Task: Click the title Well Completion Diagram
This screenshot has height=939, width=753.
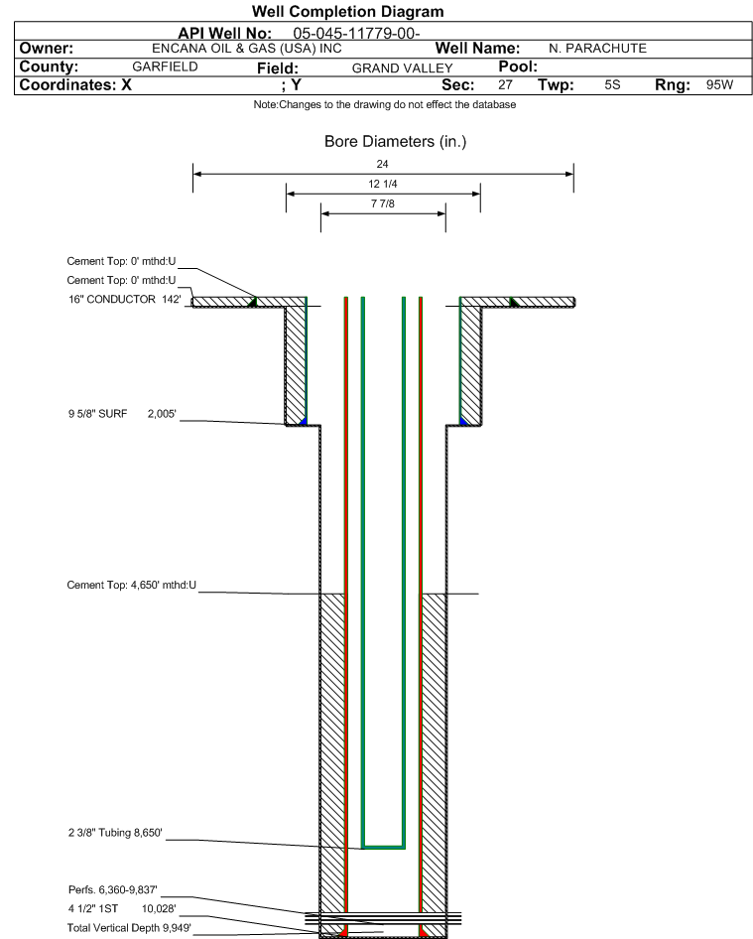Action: tap(348, 11)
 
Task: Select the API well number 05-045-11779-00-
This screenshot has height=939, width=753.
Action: tap(356, 33)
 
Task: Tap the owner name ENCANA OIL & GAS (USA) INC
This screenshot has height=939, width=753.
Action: tap(247, 49)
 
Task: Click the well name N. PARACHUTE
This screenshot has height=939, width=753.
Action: tap(597, 49)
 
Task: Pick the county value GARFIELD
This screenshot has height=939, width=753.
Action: tap(166, 67)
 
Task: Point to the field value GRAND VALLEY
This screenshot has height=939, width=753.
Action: tap(402, 68)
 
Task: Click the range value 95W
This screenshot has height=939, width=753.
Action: tap(719, 84)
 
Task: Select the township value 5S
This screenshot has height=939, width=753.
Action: tap(612, 84)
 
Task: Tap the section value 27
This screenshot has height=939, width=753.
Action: tap(505, 84)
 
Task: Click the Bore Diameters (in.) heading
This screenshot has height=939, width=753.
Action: tap(395, 141)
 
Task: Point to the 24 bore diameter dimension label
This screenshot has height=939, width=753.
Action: tap(383, 164)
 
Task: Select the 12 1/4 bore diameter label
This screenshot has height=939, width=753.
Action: tap(383, 184)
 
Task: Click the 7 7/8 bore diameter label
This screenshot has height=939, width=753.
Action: tap(383, 203)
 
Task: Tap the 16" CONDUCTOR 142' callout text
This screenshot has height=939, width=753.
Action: tap(124, 300)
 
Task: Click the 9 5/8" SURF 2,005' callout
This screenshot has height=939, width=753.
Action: tap(122, 414)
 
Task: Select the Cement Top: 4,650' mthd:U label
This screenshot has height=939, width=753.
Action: tap(132, 585)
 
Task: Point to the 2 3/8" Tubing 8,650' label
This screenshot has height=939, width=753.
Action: tap(115, 833)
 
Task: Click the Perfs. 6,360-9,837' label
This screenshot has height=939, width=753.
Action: tap(112, 890)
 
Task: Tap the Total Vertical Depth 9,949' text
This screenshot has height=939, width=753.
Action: tap(129, 928)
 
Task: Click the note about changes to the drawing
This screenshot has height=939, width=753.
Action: tap(384, 105)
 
